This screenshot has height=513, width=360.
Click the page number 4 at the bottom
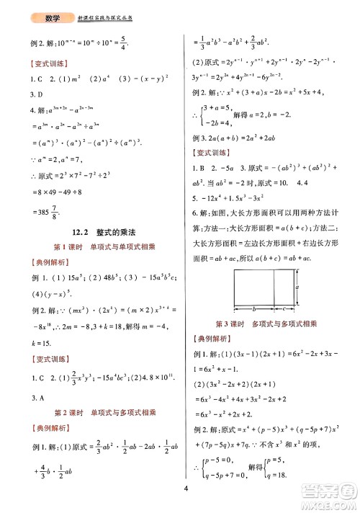click(x=185, y=491)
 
